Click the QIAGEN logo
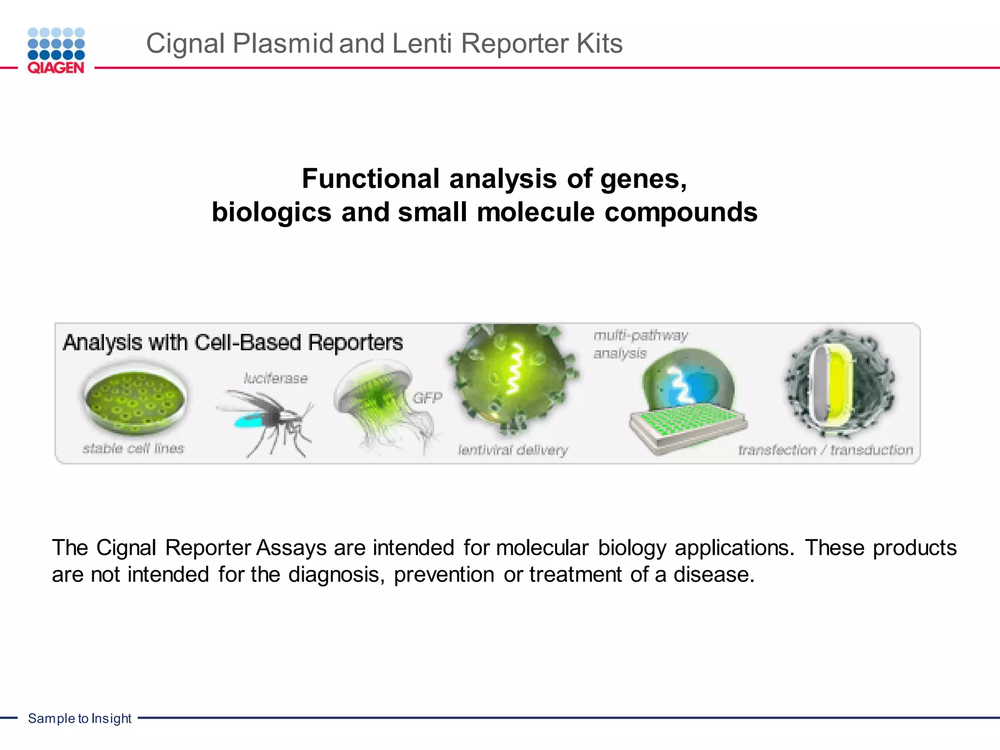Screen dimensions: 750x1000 [x=56, y=51]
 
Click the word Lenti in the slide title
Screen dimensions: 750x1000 [x=421, y=43]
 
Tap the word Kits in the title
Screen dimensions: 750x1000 [x=599, y=43]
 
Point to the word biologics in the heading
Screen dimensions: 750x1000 [x=271, y=212]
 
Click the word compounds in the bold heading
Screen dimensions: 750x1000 [x=681, y=212]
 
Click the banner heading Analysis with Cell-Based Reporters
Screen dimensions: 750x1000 [x=233, y=342]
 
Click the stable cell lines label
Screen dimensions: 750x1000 [x=133, y=448]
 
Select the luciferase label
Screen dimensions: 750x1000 [x=276, y=378]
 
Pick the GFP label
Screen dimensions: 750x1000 [x=427, y=398]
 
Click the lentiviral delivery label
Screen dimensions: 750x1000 [x=513, y=450]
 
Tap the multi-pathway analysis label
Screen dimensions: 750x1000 [x=640, y=344]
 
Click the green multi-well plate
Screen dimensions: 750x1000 [x=686, y=425]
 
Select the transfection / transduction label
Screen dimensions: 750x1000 [x=825, y=450]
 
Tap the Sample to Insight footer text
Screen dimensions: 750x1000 [x=80, y=718]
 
